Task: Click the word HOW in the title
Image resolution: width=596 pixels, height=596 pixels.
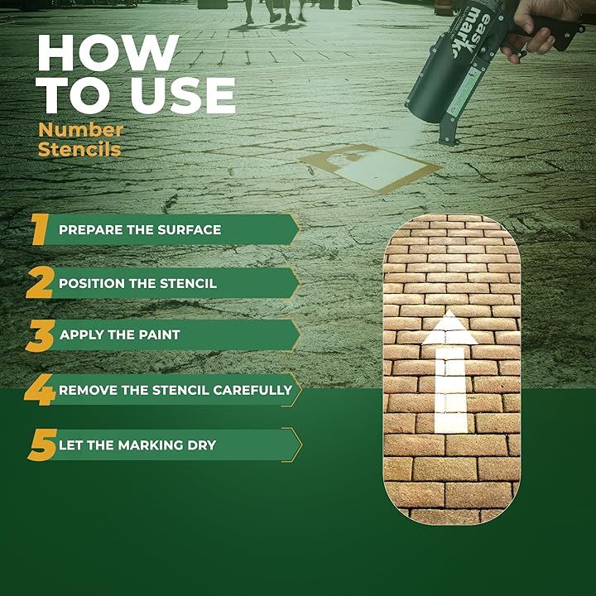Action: (x=108, y=53)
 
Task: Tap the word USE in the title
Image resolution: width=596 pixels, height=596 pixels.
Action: (x=184, y=95)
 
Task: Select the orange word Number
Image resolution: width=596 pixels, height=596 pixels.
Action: (x=80, y=130)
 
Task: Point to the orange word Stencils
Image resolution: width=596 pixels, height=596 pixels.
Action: (x=79, y=149)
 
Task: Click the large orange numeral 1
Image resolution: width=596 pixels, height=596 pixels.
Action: (x=40, y=229)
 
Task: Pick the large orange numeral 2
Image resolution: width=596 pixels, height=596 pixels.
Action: (x=40, y=282)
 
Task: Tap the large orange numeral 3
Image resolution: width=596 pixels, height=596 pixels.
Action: (x=41, y=335)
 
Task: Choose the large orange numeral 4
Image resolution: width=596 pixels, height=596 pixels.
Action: (x=40, y=390)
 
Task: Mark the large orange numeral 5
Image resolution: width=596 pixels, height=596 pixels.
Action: (x=42, y=445)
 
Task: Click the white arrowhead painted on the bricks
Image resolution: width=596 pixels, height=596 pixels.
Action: (x=449, y=327)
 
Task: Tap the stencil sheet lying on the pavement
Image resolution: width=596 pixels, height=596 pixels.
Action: (x=370, y=167)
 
